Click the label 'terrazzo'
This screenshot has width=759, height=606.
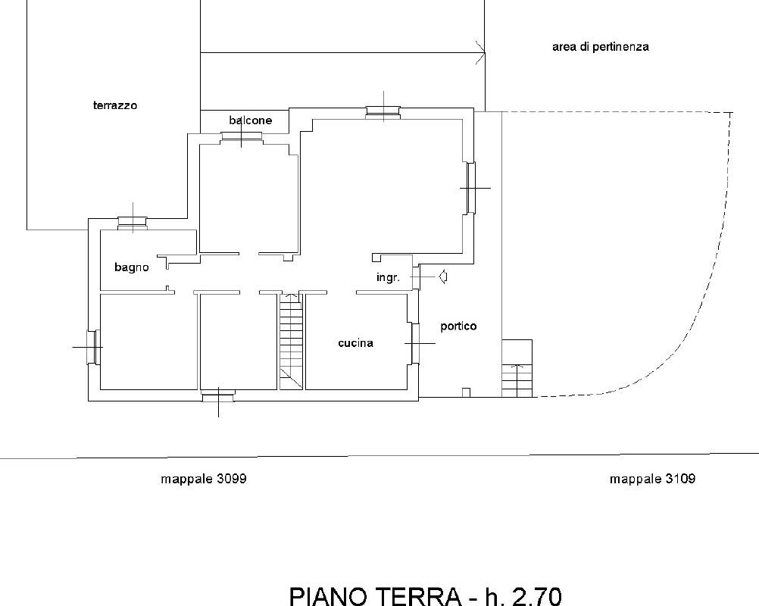coord(115,106)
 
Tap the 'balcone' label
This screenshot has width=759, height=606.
coord(250,120)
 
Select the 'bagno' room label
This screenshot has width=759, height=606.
coord(132,267)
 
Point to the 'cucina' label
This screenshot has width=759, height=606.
coord(355,343)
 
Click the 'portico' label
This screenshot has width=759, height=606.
coord(459,326)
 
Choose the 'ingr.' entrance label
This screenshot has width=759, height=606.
coord(388,278)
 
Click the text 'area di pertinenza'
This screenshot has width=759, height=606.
coord(600,47)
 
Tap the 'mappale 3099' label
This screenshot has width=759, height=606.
coord(204,479)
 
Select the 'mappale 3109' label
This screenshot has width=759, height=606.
coord(652,479)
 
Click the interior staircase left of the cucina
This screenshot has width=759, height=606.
coord(291,341)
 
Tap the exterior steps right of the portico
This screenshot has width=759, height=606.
coord(518,369)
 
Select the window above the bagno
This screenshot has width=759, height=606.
coord(133,222)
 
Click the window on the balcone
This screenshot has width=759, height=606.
coord(241,136)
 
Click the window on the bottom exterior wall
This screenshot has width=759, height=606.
coord(218,394)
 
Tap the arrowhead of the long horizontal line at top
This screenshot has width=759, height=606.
coord(480,52)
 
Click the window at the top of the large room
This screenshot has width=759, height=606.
coord(385,112)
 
